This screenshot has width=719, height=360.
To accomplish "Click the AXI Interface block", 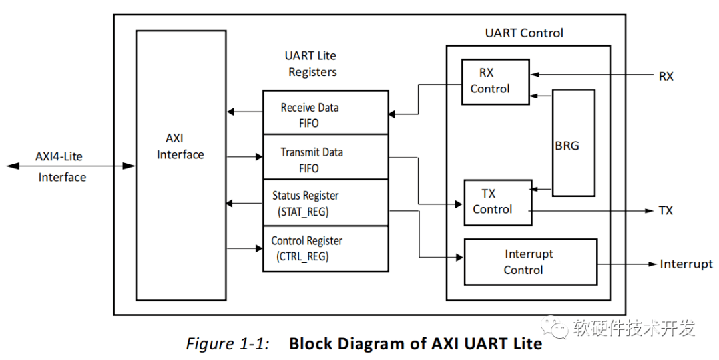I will pyautogui.click(x=180, y=165).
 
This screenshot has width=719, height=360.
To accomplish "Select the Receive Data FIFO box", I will pyautogui.click(x=326, y=112).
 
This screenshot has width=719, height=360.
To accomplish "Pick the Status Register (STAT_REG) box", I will pyautogui.click(x=326, y=203).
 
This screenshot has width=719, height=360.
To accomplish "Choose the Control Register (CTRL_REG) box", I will pyautogui.click(x=326, y=248).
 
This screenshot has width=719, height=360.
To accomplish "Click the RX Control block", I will pyautogui.click(x=495, y=81).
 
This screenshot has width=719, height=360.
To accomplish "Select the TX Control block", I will pyautogui.click(x=497, y=202).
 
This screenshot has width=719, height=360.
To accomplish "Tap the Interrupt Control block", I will pyautogui.click(x=530, y=262).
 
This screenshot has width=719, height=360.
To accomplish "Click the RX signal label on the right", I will pyautogui.click(x=666, y=77).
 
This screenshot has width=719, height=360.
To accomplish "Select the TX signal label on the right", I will pyautogui.click(x=666, y=211).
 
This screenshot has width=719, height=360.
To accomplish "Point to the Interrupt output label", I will pyautogui.click(x=686, y=264).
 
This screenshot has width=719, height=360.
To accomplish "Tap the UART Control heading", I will pyautogui.click(x=524, y=33).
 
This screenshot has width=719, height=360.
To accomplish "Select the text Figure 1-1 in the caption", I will pyautogui.click(x=227, y=344).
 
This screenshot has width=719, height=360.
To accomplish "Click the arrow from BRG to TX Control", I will pyautogui.click(x=542, y=190).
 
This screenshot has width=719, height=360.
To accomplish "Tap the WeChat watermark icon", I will pyautogui.click(x=553, y=327).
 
